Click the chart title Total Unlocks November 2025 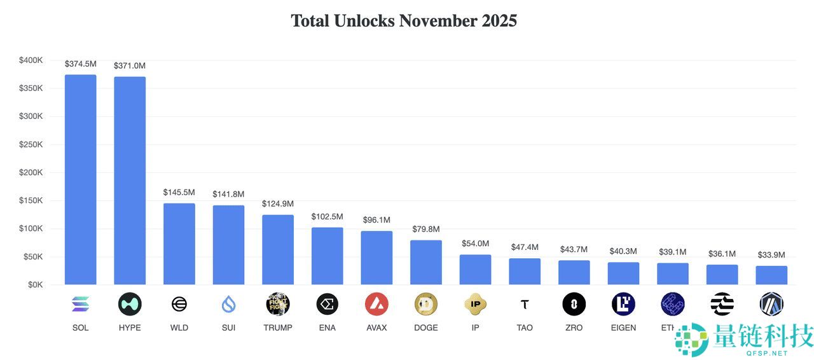pyautogui.click(x=404, y=21)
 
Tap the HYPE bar pyautogui.click(x=130, y=181)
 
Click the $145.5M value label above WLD pyautogui.click(x=179, y=192)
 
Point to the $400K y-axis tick pyautogui.click(x=31, y=60)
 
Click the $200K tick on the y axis pyautogui.click(x=31, y=172)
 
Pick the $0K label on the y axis pyautogui.click(x=34, y=284)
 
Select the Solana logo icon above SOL pyautogui.click(x=81, y=305)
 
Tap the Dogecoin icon pyautogui.click(x=426, y=305)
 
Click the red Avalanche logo pyautogui.click(x=376, y=305)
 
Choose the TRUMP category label pyautogui.click(x=278, y=328)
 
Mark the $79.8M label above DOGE pyautogui.click(x=426, y=229)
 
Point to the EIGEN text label pyautogui.click(x=623, y=328)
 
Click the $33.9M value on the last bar pyautogui.click(x=771, y=255)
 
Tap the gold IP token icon pyautogui.click(x=476, y=305)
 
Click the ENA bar pyautogui.click(x=327, y=256)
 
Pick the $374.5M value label pyautogui.click(x=81, y=64)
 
